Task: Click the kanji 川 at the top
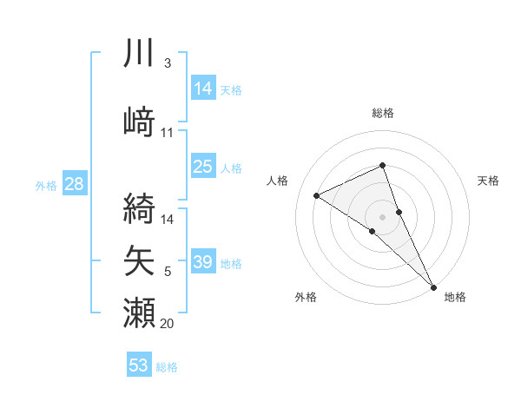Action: [x=139, y=54]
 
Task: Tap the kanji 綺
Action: [x=139, y=207]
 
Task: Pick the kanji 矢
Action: [x=139, y=260]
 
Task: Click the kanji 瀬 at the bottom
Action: [x=139, y=312]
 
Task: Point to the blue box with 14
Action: [x=203, y=89]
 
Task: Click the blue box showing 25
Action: [x=203, y=167]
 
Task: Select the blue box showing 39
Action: [x=203, y=262]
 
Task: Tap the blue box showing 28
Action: [x=74, y=184]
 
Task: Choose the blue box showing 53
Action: [x=139, y=365]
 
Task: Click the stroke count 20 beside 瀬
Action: [x=168, y=324]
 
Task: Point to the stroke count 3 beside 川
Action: [x=168, y=63]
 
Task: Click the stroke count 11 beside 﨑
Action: [x=168, y=133]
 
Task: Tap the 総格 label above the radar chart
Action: [x=383, y=113]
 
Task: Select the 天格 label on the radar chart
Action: [x=489, y=181]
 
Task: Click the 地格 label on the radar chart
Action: [x=455, y=297]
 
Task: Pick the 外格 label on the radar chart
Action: [x=306, y=297]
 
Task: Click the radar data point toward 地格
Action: [x=433, y=286]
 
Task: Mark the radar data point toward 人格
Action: [x=316, y=195]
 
